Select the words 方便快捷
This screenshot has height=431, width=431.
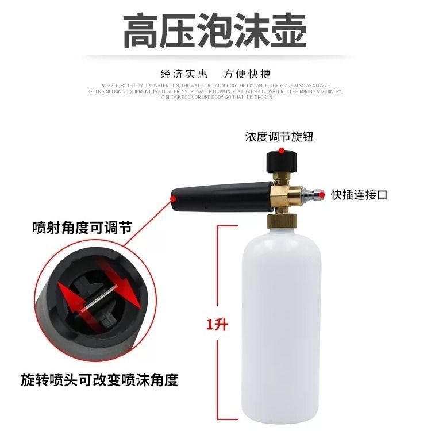click(x=247, y=74)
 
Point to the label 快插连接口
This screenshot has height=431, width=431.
click(x=359, y=195)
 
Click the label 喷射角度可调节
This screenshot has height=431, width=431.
click(x=82, y=228)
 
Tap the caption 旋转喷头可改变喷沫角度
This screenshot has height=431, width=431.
click(x=99, y=380)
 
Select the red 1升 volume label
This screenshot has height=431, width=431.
click(x=217, y=325)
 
